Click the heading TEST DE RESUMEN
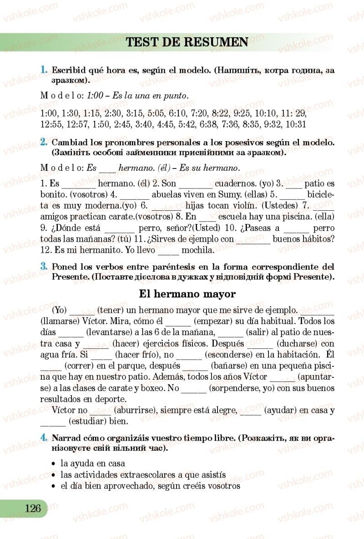(x=187, y=42)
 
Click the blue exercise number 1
(x=44, y=70)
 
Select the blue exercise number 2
(x=44, y=142)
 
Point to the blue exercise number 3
(x=44, y=266)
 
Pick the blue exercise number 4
(x=44, y=438)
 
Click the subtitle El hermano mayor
(x=187, y=294)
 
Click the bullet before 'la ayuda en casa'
(x=55, y=464)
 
